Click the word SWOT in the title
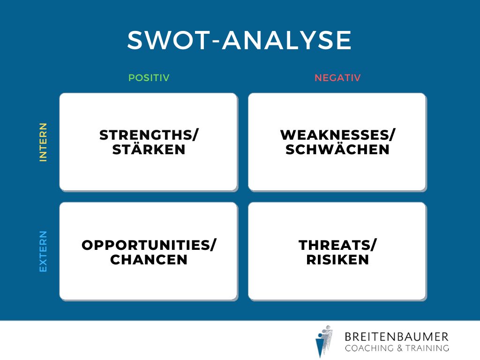167,40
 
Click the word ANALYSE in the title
287,40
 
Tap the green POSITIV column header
149,78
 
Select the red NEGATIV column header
337,78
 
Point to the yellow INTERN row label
43,142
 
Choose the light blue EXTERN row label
43,251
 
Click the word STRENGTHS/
149,135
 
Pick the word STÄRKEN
149,150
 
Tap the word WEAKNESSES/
337,135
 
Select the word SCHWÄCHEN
337,150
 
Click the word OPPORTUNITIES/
149,245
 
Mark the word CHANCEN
149,260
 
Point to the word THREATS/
337,245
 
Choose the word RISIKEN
337,260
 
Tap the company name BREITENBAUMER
397,337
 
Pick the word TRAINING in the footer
427,348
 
